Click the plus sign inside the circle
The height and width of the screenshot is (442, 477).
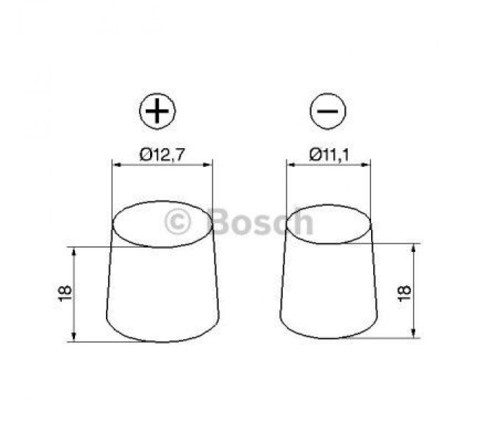click(159, 113)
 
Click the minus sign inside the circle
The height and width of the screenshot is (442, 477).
click(328, 113)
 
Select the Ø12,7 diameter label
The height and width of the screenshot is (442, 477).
click(162, 155)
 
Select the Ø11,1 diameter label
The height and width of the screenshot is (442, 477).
click(328, 155)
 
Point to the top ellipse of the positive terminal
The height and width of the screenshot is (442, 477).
click(162, 224)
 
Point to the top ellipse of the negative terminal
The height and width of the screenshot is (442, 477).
click(328, 225)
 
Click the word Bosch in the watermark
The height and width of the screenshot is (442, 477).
click(261, 222)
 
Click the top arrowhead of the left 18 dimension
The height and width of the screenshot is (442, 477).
click(73, 251)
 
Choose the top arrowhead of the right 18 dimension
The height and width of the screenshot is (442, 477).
click(415, 248)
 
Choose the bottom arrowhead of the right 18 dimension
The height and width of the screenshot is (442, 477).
click(415, 335)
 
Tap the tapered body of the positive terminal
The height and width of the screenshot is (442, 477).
click(162, 295)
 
